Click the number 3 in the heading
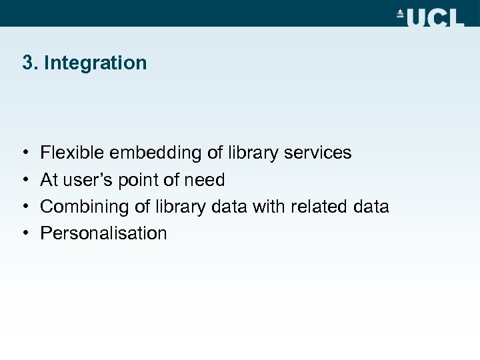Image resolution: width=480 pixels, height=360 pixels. click(27, 63)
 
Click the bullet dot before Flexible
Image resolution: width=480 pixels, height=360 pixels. click(25, 153)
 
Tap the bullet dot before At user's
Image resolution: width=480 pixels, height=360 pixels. click(25, 180)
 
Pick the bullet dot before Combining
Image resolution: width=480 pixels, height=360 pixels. click(25, 207)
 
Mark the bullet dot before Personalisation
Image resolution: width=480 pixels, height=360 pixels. click(25, 233)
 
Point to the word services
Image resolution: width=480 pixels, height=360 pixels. click(317, 153)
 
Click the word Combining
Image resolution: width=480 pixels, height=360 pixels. click(85, 207)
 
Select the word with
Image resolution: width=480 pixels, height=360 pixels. click(268, 207)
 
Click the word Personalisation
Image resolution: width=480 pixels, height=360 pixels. click(103, 233)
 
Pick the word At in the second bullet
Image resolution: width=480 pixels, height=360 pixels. click(49, 180)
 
